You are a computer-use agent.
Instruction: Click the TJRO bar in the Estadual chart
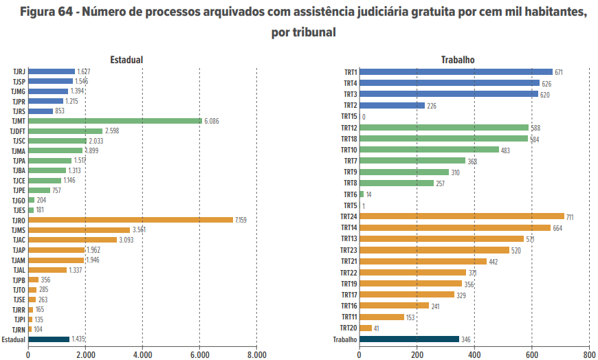point(131,220)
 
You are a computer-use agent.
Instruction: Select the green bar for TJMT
point(115,121)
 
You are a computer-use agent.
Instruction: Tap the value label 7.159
point(242,220)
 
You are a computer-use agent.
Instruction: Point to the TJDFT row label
point(17,131)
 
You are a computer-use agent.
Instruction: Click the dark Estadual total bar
point(49,339)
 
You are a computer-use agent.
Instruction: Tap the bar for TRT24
point(461,216)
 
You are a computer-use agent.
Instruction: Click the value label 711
point(570,217)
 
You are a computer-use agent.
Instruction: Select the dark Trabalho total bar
point(409,339)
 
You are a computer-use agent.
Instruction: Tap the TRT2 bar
point(392,106)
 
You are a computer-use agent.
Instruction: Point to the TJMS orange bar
point(79,230)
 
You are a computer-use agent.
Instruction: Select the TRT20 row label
point(348,328)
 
